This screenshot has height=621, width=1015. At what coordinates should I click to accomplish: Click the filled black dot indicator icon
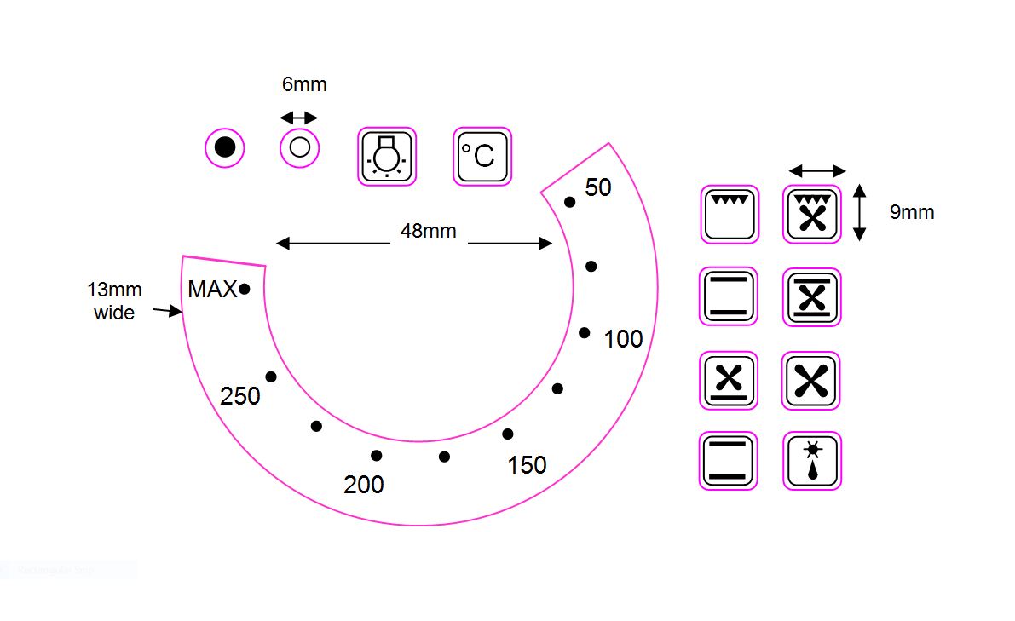225,147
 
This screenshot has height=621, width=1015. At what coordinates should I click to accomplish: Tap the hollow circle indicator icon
300,147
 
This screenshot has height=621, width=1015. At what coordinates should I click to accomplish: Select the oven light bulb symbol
387,157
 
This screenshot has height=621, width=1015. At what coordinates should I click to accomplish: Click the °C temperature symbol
482,157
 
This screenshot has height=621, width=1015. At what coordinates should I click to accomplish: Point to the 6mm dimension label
304,84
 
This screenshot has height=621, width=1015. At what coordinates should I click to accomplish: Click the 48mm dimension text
429,231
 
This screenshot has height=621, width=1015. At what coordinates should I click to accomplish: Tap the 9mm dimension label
911,212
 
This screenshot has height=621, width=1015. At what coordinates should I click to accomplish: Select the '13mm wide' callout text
114,301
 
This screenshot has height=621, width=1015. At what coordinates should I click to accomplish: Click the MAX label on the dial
212,289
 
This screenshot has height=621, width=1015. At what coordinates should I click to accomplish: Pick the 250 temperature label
240,396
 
